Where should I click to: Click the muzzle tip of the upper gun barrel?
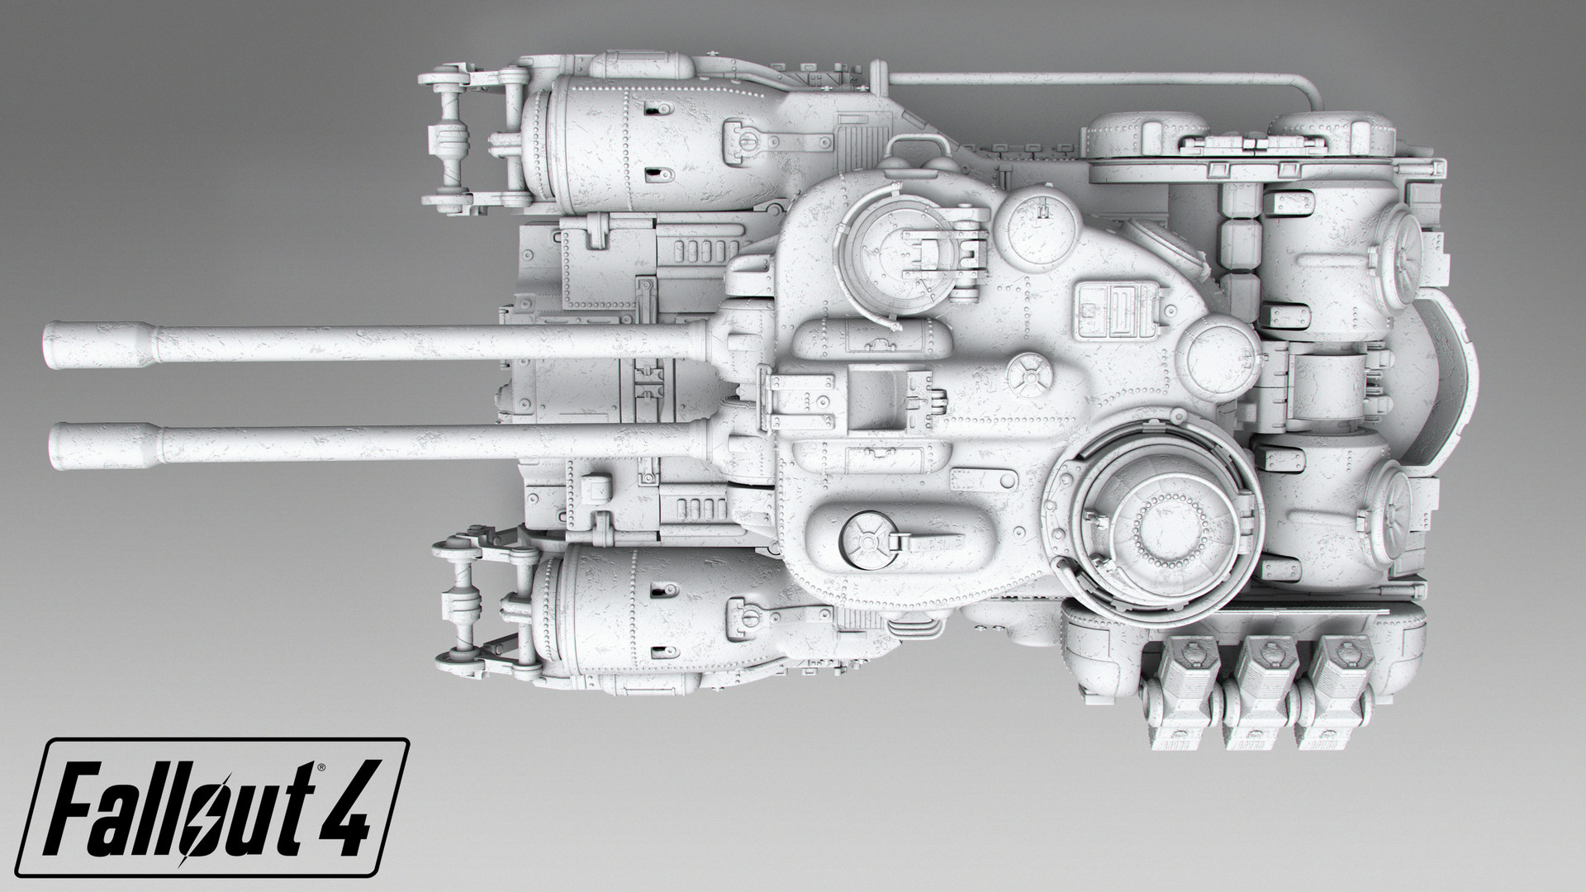(x=51, y=344)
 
